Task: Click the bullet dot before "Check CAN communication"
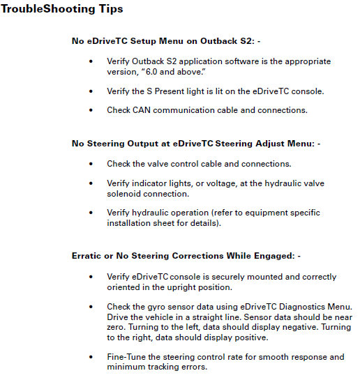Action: pos(91,110)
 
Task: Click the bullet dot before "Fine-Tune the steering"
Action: pos(91,357)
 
